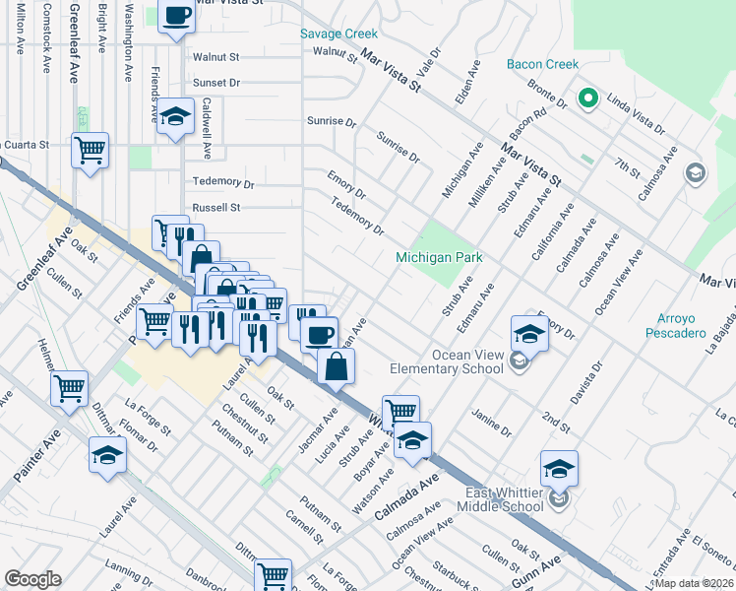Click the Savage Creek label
(x=338, y=33)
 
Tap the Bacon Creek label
(x=542, y=65)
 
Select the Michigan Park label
(x=439, y=257)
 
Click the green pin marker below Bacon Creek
(x=588, y=98)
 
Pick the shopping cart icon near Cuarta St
(x=90, y=151)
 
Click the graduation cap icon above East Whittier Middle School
(x=559, y=468)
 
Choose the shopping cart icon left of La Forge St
(x=69, y=388)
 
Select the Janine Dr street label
(x=492, y=424)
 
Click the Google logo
(x=32, y=579)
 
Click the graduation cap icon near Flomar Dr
(x=108, y=455)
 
